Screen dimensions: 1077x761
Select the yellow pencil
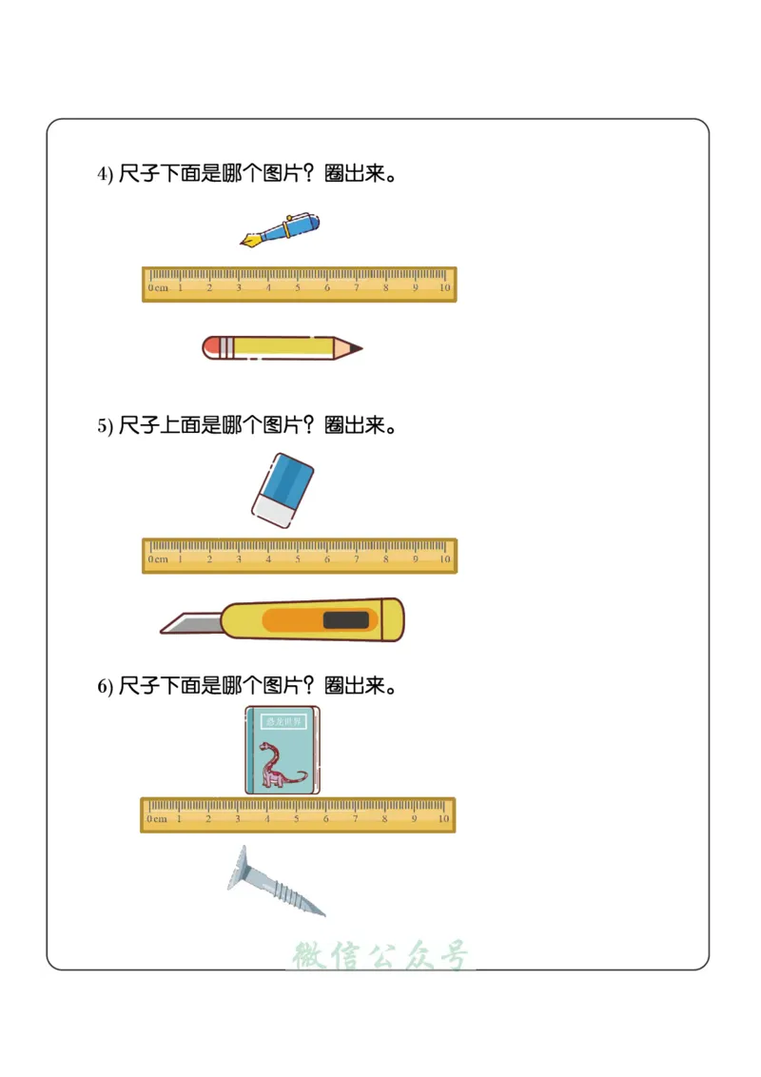pos(282,347)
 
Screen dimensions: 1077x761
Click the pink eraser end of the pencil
pos(211,347)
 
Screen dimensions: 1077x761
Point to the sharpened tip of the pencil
pos(356,348)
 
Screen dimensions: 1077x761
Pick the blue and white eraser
pos(283,489)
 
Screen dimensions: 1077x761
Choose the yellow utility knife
pos(285,620)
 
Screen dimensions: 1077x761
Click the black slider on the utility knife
pos(345,621)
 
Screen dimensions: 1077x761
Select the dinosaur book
pos(283,750)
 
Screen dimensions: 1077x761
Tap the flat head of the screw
pos(238,868)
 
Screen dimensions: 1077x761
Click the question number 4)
pos(105,174)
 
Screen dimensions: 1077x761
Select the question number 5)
pos(105,426)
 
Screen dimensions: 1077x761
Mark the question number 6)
pos(105,686)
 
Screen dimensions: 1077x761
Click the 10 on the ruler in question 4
pos(444,287)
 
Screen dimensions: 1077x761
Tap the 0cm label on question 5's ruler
pos(158,559)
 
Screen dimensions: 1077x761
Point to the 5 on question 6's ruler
pos(296,818)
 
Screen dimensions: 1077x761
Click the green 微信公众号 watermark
pos(380,955)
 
